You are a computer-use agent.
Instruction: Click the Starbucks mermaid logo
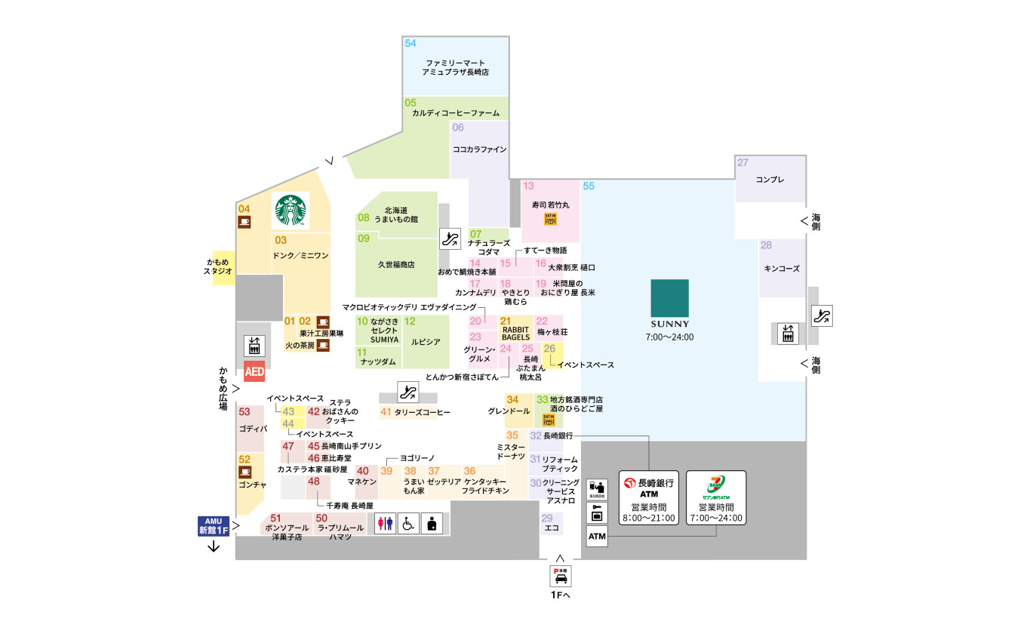(x=291, y=211)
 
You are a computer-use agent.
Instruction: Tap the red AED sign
(x=254, y=372)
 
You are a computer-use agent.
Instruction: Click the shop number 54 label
(x=410, y=44)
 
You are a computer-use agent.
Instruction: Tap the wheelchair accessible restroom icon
(x=408, y=523)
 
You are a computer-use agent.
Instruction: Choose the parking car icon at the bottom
(x=561, y=576)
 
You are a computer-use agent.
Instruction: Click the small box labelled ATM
(x=597, y=537)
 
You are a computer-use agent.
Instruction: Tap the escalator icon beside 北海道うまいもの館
(x=450, y=239)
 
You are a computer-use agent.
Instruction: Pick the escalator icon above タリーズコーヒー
(x=408, y=392)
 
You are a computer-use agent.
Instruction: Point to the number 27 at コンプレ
(x=743, y=163)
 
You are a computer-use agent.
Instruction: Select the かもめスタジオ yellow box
(x=223, y=266)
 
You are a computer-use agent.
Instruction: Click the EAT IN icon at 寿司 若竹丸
(x=550, y=219)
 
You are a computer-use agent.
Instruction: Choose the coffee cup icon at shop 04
(x=244, y=221)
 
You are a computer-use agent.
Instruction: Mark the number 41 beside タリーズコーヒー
(x=386, y=412)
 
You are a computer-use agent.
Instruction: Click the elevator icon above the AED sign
(x=253, y=346)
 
